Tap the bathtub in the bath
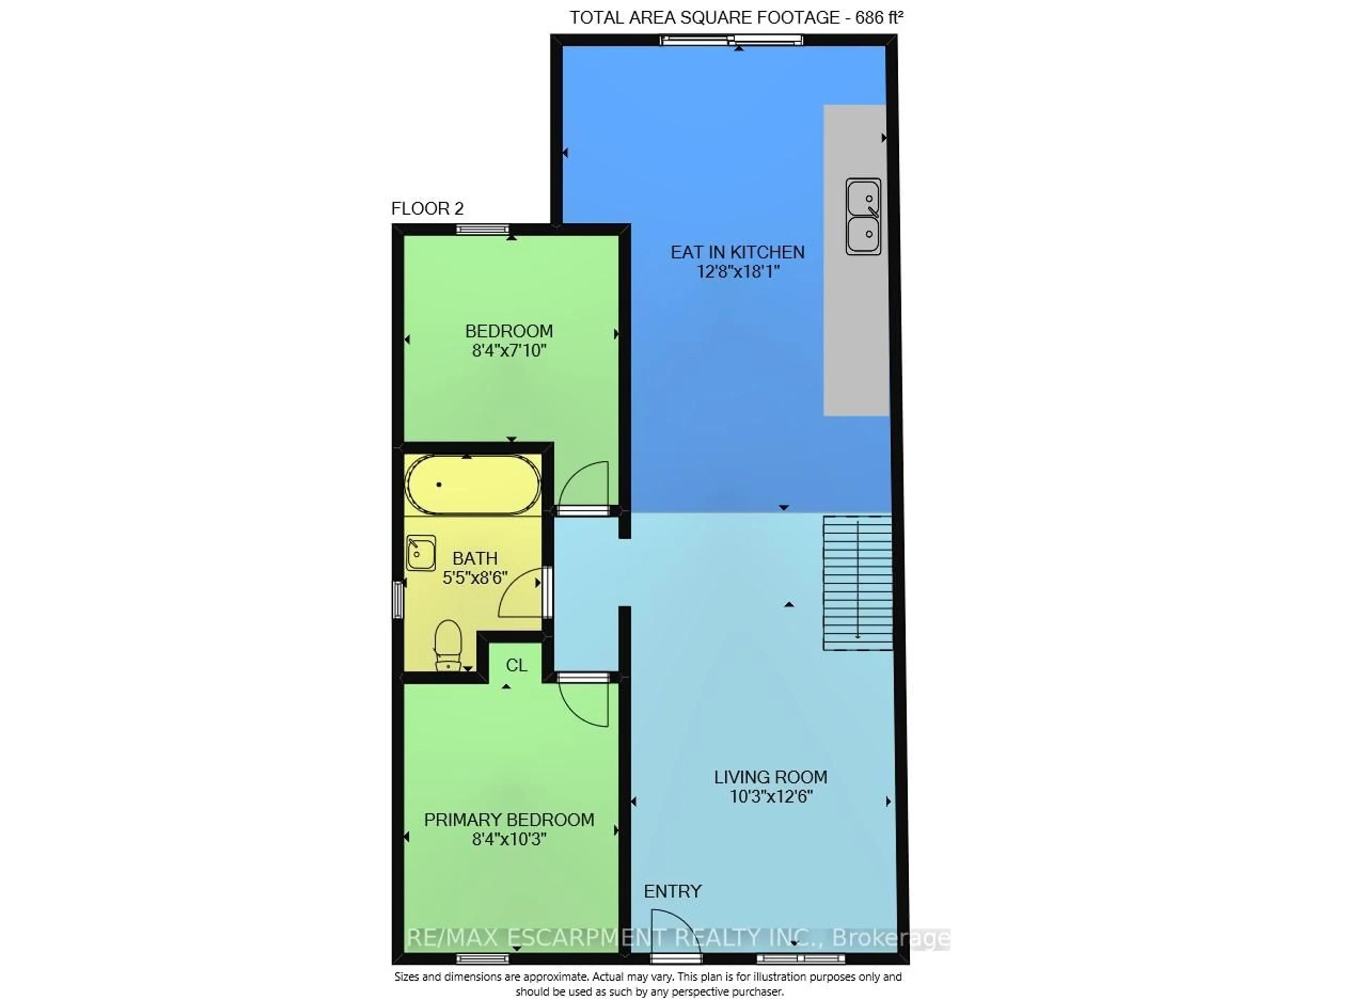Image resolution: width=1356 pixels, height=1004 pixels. (x=472, y=485)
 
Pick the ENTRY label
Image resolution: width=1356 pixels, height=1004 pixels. (x=673, y=891)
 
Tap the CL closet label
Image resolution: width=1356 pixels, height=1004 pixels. (x=516, y=666)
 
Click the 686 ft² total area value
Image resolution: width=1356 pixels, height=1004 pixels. (x=879, y=18)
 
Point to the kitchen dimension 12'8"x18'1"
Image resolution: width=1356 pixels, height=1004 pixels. (x=738, y=272)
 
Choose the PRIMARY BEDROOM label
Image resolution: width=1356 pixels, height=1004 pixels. (x=509, y=820)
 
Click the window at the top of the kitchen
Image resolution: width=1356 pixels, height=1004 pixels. (x=732, y=41)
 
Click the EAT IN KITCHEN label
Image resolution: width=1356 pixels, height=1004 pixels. (x=738, y=252)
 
